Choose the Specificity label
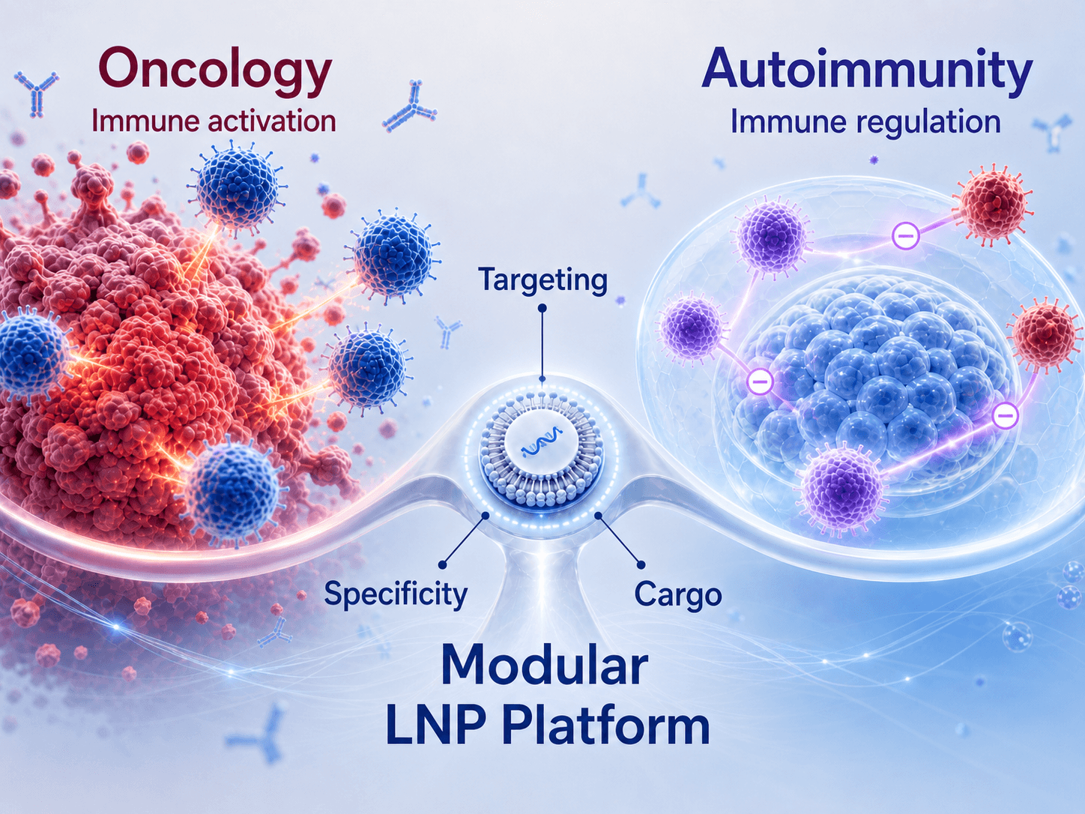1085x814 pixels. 396,594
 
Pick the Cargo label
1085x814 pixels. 677,595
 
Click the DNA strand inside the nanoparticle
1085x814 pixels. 541,449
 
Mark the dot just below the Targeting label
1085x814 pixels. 542,307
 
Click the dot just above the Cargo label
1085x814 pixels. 641,564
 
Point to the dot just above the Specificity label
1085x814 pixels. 443,564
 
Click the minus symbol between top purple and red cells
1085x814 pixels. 906,236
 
